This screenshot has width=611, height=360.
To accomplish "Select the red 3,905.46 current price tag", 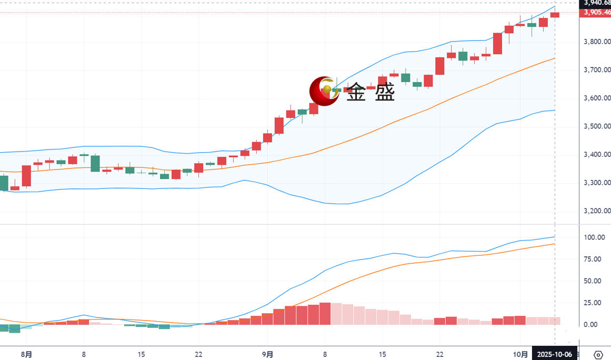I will (x=595, y=13).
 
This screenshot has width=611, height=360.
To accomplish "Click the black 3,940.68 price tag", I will (x=595, y=3).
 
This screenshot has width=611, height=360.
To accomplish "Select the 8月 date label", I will (x=27, y=354).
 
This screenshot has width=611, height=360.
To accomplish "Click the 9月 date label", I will (x=268, y=354).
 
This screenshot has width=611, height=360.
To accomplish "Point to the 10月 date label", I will (x=520, y=354).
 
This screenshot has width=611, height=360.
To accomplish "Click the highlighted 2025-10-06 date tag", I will (x=554, y=354).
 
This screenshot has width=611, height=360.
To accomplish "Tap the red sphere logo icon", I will (x=324, y=91).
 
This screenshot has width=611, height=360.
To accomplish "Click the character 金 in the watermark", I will (x=358, y=93).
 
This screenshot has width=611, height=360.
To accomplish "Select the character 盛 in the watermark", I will (x=384, y=93).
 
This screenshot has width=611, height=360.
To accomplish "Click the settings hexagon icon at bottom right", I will (x=598, y=354).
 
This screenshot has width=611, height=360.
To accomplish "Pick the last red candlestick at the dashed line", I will (x=555, y=15).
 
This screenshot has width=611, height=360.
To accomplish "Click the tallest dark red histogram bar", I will (x=325, y=313).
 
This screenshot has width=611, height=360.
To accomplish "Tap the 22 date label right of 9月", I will (x=439, y=354).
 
